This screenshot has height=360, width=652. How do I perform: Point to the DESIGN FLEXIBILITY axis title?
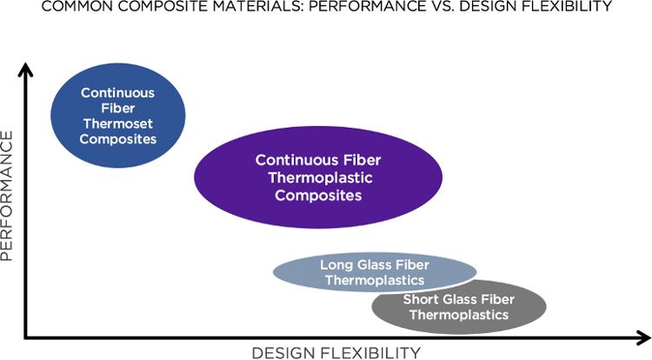[x=336, y=351]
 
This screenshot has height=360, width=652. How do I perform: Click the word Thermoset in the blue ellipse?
[x=118, y=123]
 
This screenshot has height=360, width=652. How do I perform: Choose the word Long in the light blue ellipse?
[x=336, y=264]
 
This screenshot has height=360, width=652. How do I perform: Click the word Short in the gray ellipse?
[x=420, y=300]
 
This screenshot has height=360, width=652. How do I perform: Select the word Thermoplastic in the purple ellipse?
[x=318, y=177]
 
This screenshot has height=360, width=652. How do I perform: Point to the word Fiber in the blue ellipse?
[x=118, y=107]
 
